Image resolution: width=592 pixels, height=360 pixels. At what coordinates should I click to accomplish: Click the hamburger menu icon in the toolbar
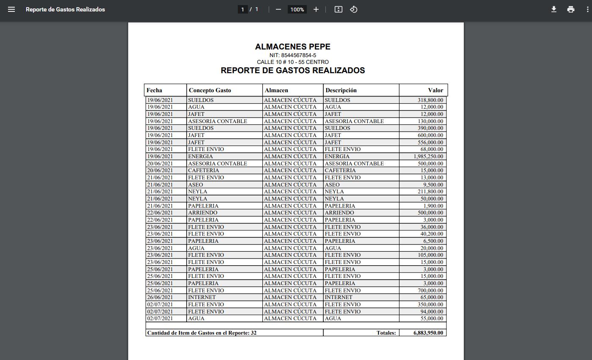click(x=11, y=9)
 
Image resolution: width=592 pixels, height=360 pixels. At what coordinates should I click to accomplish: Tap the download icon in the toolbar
click(x=553, y=9)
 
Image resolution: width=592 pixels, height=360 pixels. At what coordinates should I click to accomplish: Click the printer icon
click(x=571, y=9)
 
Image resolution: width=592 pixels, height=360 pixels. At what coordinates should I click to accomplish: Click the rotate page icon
click(x=354, y=9)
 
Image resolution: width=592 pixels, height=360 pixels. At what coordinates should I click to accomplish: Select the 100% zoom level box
click(x=297, y=9)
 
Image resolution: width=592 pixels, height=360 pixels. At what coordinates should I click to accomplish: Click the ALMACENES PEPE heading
click(x=292, y=47)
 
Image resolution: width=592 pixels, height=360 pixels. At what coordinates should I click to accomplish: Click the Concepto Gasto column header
click(x=210, y=90)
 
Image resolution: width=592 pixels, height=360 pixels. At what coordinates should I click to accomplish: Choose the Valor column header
click(x=435, y=90)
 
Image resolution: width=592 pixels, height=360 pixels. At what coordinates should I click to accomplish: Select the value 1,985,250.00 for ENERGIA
click(x=428, y=157)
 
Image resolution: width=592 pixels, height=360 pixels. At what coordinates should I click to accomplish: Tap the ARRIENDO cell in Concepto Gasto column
click(x=203, y=213)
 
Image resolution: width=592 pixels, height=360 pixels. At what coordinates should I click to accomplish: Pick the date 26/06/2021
click(x=160, y=297)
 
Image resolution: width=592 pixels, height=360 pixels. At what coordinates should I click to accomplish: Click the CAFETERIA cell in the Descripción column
click(x=340, y=170)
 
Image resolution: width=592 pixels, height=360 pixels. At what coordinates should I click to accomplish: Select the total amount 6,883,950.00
click(x=428, y=333)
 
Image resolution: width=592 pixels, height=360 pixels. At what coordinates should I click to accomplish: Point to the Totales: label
click(x=386, y=333)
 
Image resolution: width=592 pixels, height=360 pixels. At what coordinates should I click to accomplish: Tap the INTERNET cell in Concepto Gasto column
click(x=202, y=297)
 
